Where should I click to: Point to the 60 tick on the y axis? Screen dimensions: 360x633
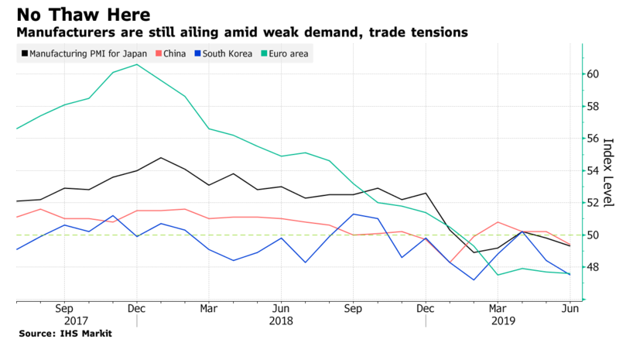click(x=593, y=74)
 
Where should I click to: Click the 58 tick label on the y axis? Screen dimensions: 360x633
click(x=593, y=106)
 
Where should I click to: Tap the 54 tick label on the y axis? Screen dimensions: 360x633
click(x=593, y=170)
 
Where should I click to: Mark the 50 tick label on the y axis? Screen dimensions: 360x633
click(x=593, y=235)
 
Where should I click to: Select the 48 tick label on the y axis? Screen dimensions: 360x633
click(x=593, y=267)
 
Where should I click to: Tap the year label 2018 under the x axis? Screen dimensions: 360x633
click(x=281, y=321)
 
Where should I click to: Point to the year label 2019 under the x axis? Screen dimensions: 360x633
click(x=498, y=321)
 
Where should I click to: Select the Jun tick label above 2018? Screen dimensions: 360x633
click(x=281, y=307)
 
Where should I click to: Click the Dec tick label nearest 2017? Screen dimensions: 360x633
click(x=136, y=307)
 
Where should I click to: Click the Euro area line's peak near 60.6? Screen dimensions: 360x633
click(x=137, y=64)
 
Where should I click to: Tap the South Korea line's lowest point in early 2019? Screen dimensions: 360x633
click(x=474, y=279)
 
